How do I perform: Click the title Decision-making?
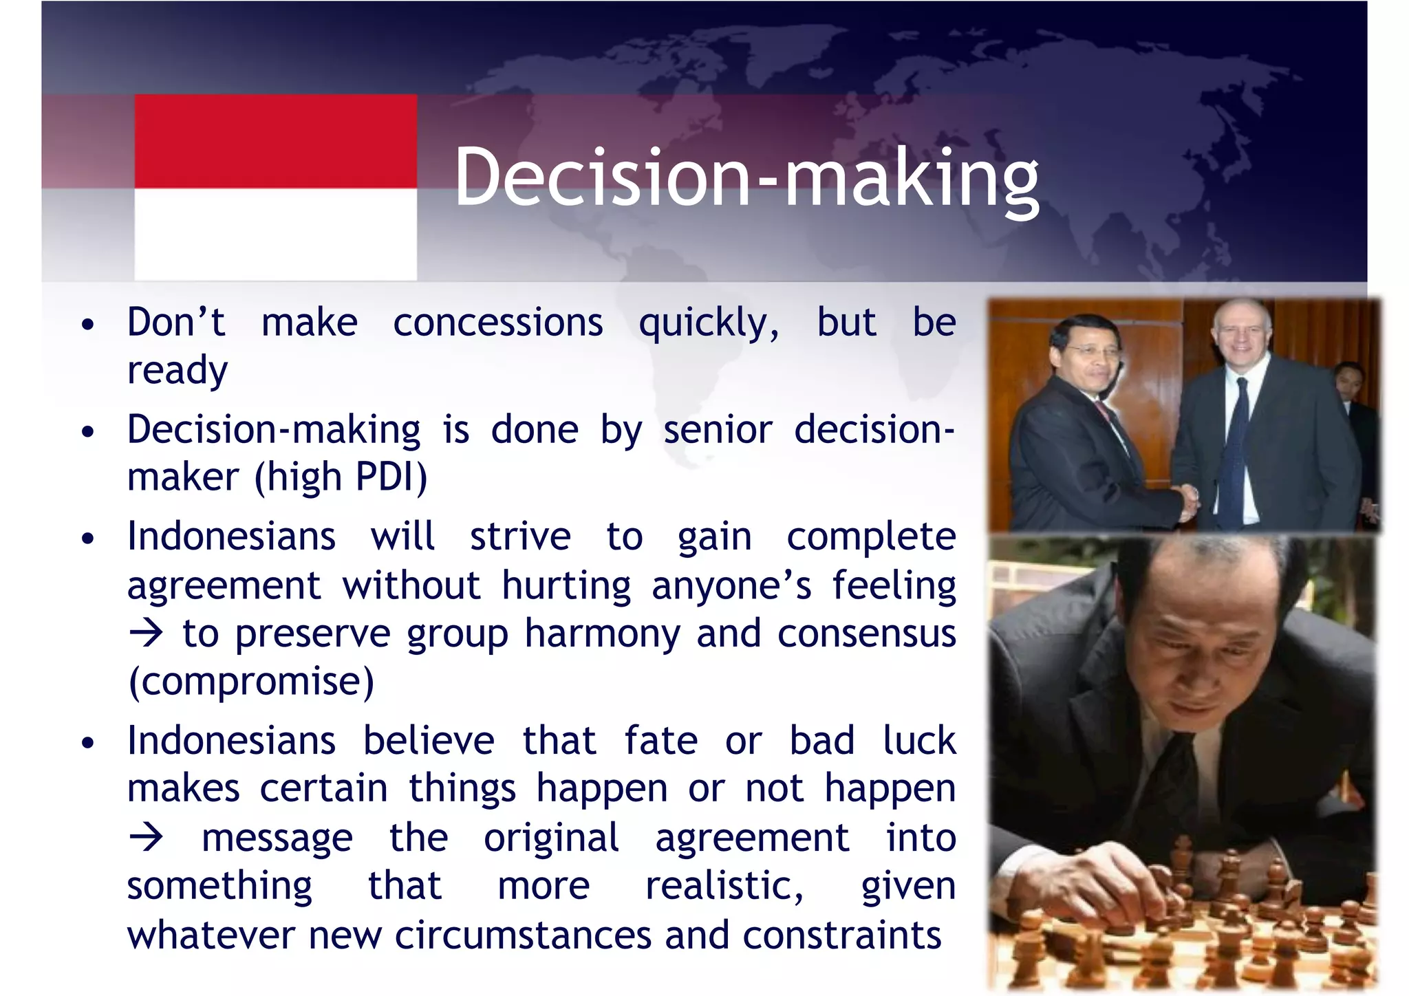746,177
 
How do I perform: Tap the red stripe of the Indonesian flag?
275,141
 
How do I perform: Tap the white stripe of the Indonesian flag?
275,234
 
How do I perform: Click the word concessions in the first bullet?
497,323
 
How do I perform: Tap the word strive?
520,537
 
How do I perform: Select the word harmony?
602,634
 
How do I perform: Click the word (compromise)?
251,682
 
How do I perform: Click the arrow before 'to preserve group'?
146,633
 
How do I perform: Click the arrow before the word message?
146,837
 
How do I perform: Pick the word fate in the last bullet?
660,741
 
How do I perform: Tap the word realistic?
724,886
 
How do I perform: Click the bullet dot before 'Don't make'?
87,324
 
